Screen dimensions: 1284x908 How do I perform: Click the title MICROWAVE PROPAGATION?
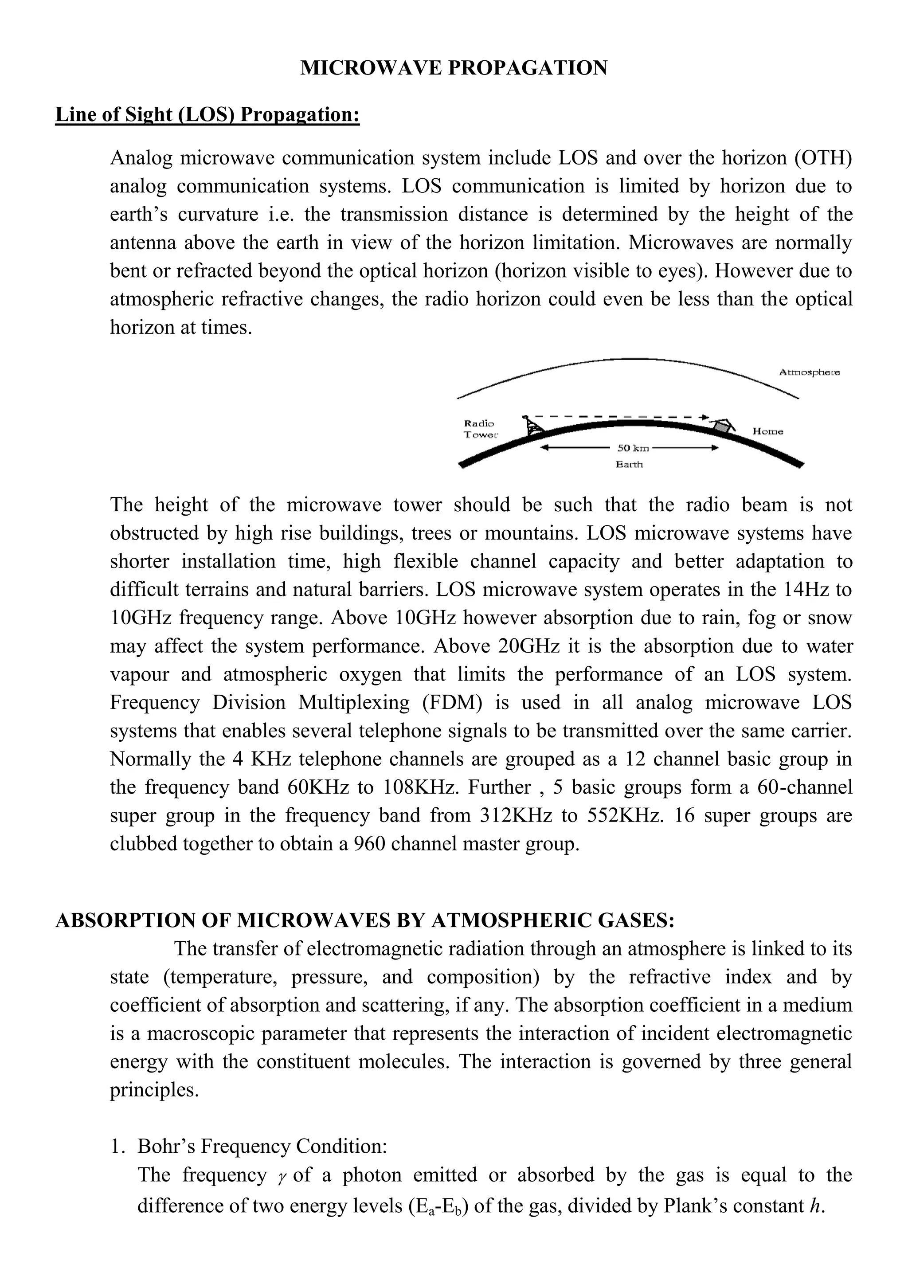click(x=454, y=68)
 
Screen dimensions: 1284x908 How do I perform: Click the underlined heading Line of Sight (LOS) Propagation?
click(x=207, y=115)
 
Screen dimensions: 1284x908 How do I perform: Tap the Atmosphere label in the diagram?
click(x=809, y=372)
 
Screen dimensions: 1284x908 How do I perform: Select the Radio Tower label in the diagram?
click(x=480, y=429)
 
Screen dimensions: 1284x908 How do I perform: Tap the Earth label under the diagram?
click(x=629, y=464)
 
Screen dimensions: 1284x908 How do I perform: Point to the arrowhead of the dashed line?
click(x=705, y=417)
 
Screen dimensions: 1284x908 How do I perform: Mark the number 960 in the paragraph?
click(x=370, y=843)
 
